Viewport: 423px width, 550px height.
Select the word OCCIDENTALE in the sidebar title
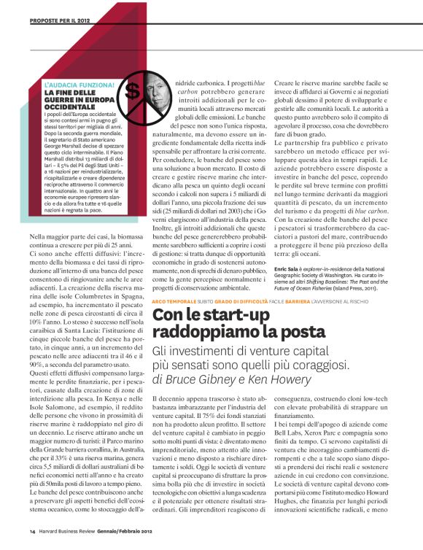click(x=71, y=108)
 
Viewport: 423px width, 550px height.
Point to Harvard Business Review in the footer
click(x=70, y=532)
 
